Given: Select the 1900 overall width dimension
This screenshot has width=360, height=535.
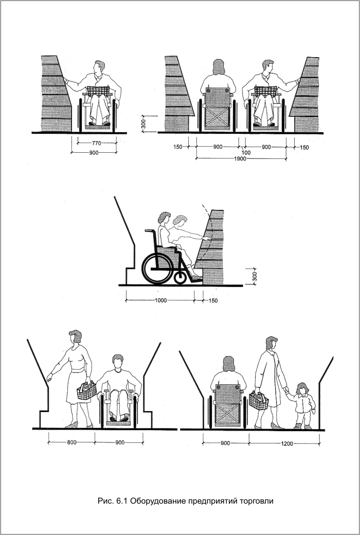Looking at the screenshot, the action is pyautogui.click(x=240, y=159).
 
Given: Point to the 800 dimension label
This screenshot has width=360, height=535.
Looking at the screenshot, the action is pyautogui.click(x=71, y=443).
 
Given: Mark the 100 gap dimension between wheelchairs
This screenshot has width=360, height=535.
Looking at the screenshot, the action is pyautogui.click(x=246, y=153).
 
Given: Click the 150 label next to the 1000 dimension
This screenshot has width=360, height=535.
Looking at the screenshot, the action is pyautogui.click(x=212, y=301).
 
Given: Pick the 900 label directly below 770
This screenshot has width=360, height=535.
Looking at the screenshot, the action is pyautogui.click(x=94, y=153).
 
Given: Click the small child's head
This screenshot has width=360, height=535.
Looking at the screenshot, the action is pyautogui.click(x=302, y=388).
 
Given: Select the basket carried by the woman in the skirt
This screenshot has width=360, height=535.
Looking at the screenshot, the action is pyautogui.click(x=87, y=390).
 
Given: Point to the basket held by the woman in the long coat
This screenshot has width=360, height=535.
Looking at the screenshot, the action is pyautogui.click(x=259, y=401).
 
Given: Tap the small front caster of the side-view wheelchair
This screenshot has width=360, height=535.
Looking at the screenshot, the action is pyautogui.click(x=180, y=277).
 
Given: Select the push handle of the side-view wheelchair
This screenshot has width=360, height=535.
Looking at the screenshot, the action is pyautogui.click(x=150, y=231).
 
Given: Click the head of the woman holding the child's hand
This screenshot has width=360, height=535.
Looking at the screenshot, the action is pyautogui.click(x=272, y=343).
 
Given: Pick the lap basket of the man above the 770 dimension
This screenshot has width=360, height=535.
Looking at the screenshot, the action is pyautogui.click(x=98, y=91).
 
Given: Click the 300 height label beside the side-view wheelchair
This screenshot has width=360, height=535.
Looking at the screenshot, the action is pyautogui.click(x=254, y=276).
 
